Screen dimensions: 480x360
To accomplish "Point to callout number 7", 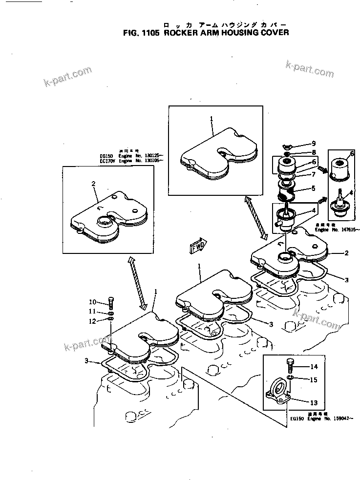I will (x=313, y=174).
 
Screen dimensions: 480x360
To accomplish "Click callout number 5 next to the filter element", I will (x=313, y=188).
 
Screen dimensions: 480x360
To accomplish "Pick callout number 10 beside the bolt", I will (x=93, y=301).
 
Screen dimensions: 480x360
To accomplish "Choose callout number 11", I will (x=92, y=311).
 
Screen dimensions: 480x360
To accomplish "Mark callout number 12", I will (x=92, y=321).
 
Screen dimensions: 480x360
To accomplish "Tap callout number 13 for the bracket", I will (x=314, y=403).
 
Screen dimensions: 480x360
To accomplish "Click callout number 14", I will (x=314, y=367).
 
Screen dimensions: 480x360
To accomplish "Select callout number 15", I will (x=314, y=379).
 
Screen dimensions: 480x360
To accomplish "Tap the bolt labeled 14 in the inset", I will (x=289, y=365).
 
